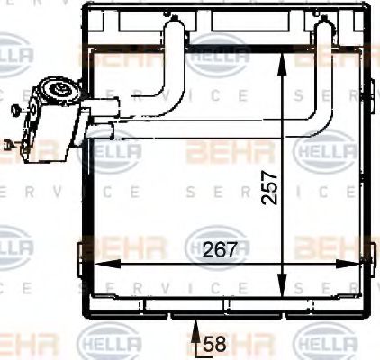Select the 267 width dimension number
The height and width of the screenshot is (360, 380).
[x=220, y=249]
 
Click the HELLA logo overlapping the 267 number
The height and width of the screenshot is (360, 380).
[x=216, y=245]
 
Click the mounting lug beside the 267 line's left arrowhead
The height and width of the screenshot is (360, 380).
[x=86, y=247]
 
